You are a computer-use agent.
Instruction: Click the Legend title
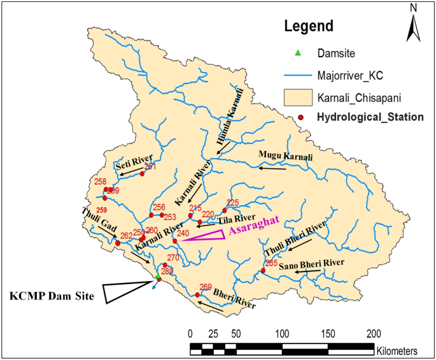pyautogui.click(x=309, y=27)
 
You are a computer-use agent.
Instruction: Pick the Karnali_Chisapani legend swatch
pyautogui.click(x=299, y=97)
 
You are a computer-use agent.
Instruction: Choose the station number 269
pyautogui.click(x=205, y=287)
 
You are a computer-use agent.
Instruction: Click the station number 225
pyautogui.click(x=233, y=203)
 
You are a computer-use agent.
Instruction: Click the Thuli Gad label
pyautogui.click(x=95, y=216)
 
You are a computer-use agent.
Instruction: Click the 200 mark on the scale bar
pyautogui.click(x=374, y=333)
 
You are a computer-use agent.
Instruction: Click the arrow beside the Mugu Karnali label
pyautogui.click(x=272, y=168)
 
